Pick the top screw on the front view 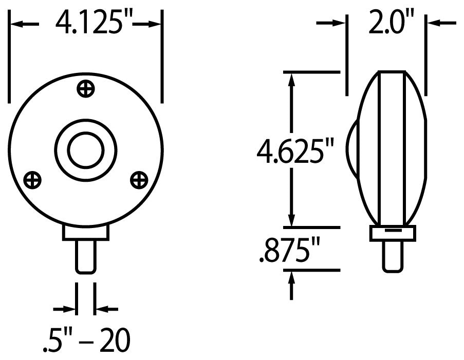[86, 88]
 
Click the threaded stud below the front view [86, 256]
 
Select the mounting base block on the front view [86, 233]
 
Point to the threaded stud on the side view [392, 255]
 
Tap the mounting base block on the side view [392, 233]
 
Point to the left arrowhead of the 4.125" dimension [15, 24]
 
